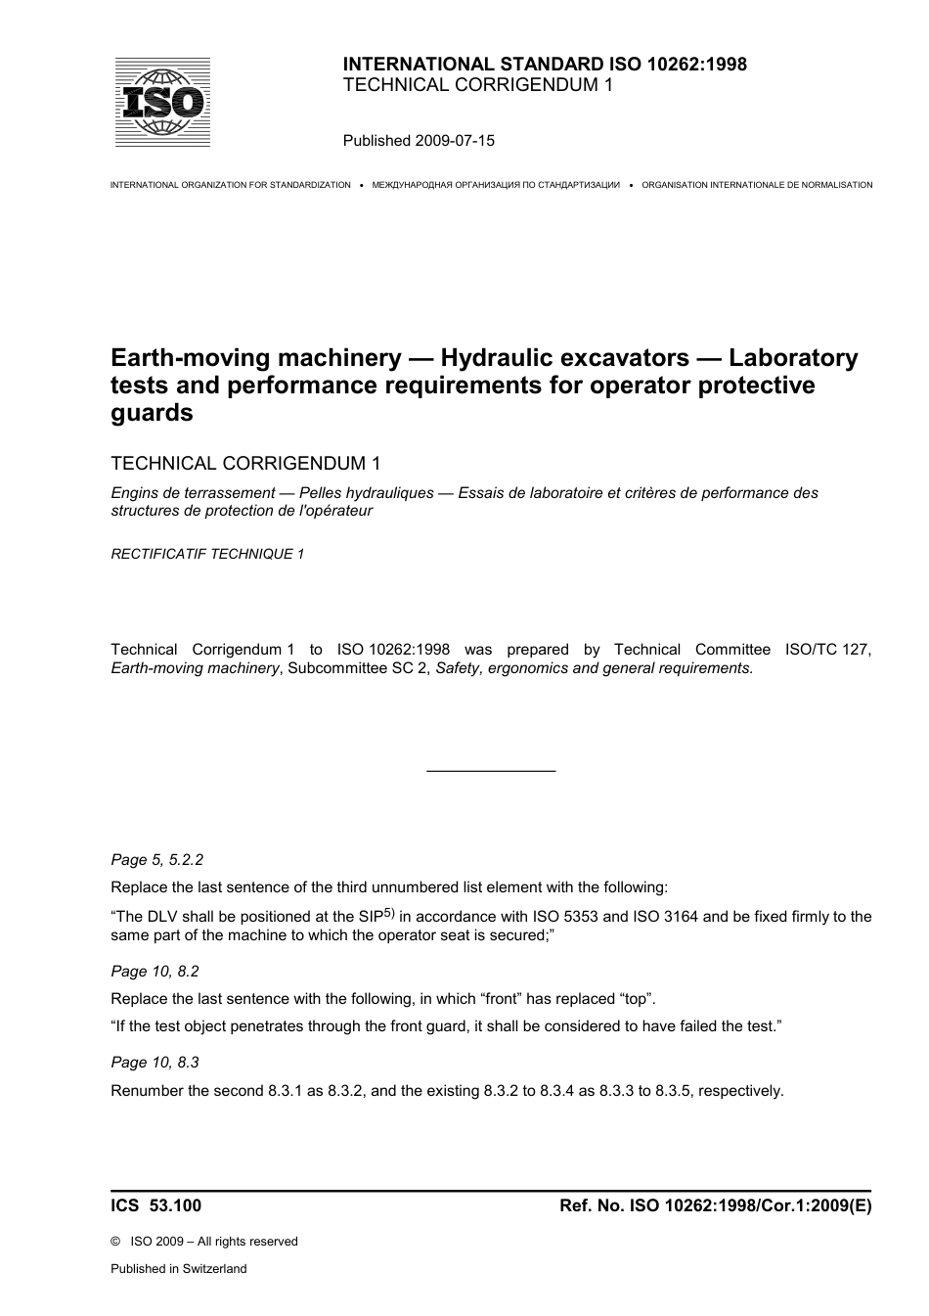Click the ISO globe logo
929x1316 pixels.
162,103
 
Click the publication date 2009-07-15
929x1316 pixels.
455,140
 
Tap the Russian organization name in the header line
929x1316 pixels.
496,185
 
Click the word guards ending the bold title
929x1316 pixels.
152,413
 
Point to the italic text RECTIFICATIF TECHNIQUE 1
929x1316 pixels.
207,554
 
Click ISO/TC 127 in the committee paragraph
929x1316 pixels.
827,650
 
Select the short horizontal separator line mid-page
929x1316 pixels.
491,771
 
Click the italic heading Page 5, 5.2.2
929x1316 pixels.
156,860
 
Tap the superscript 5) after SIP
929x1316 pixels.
388,914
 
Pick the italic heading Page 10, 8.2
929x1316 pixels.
155,972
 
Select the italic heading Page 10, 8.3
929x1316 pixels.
155,1063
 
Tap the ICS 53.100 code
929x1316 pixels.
155,1206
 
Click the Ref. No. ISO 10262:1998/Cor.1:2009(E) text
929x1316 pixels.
715,1206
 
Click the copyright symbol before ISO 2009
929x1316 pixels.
115,1242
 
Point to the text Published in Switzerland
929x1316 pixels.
178,1269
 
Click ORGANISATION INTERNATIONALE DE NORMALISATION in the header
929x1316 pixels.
757,185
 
